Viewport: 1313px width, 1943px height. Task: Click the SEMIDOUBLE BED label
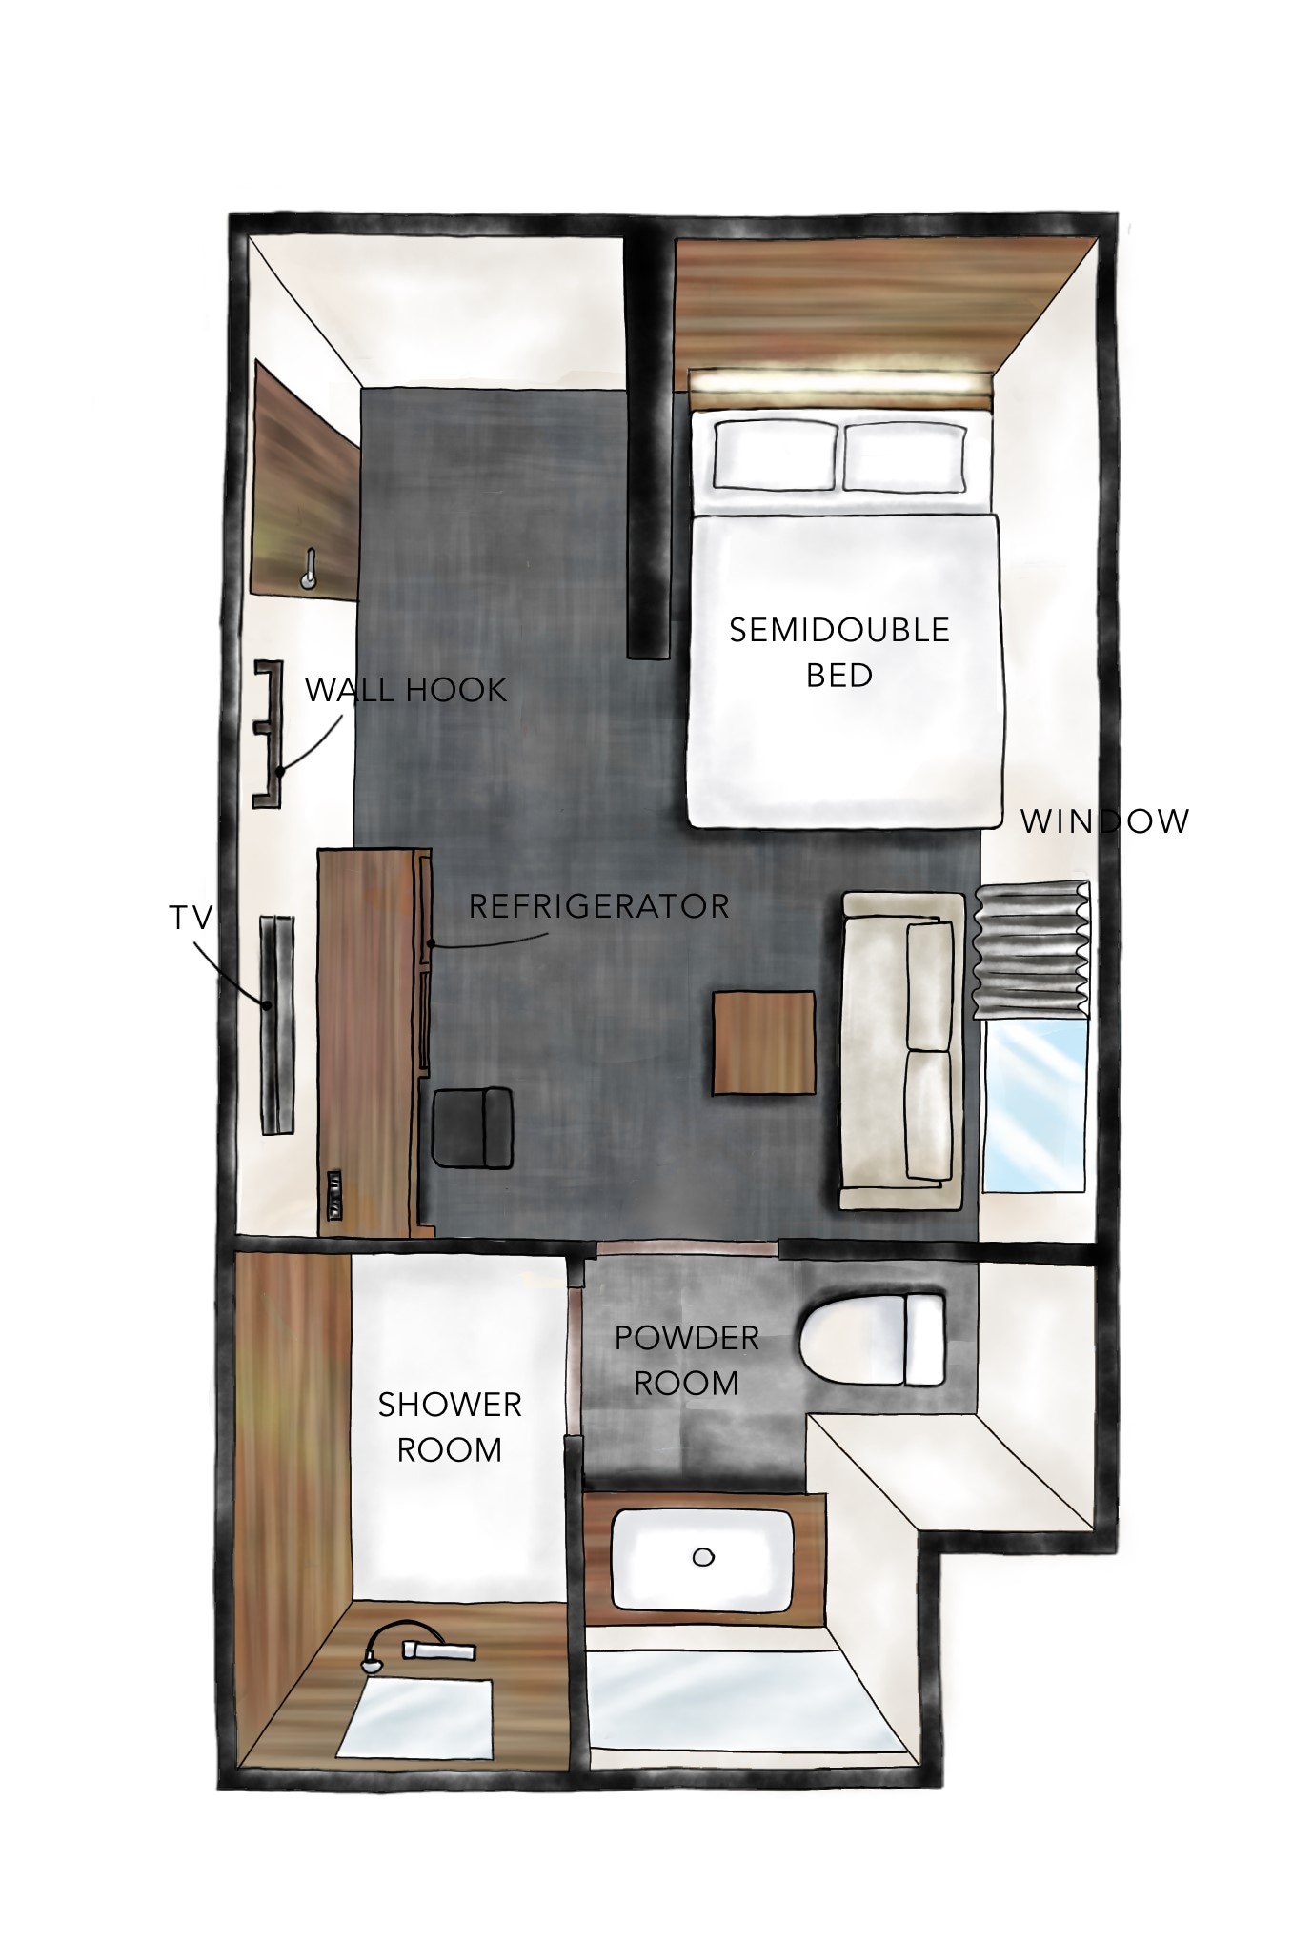pos(839,653)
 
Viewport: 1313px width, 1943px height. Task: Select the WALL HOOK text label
pos(405,690)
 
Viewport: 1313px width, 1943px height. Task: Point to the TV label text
pos(190,918)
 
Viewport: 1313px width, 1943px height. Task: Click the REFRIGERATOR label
pos(598,905)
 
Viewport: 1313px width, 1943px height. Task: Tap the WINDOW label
pos(1105,821)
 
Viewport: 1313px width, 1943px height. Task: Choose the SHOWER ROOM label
pos(450,1427)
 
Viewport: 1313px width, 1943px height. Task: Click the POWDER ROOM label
pos(686,1360)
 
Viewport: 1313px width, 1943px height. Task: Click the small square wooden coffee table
pos(764,1043)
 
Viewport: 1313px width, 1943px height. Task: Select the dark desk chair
pos(474,1127)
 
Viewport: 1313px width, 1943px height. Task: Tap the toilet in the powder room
pos(873,1339)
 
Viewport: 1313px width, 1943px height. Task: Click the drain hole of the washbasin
pos(703,1557)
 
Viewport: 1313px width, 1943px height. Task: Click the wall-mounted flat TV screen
pos(277,1024)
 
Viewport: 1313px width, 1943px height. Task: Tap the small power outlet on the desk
pos(333,1194)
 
